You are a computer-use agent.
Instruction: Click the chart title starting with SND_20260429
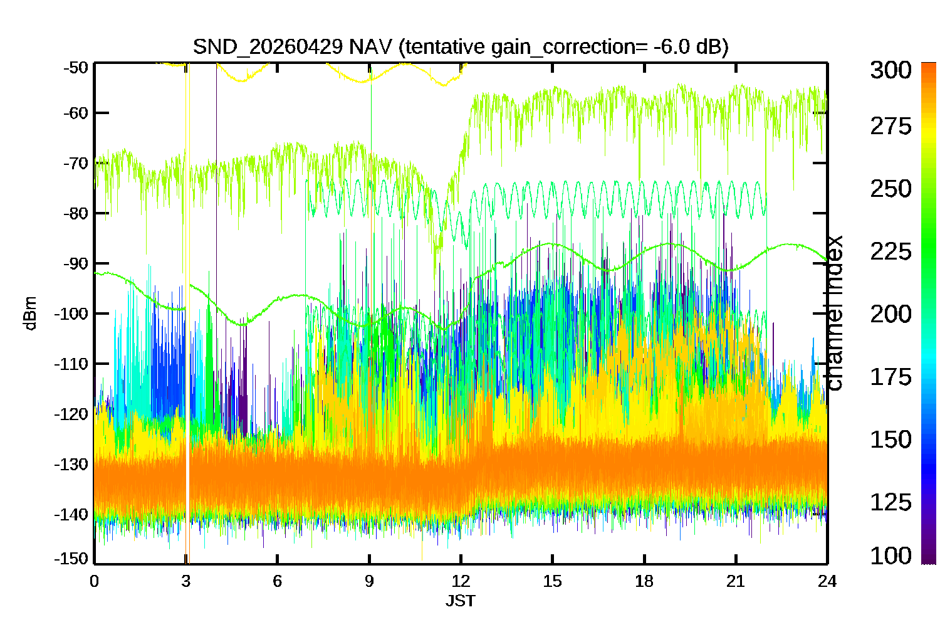(x=460, y=47)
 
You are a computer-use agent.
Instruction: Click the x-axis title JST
(x=460, y=601)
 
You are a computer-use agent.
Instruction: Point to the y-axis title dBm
(x=30, y=313)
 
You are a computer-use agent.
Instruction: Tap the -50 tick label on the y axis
(x=75, y=67)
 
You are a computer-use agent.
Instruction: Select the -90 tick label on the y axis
(x=75, y=263)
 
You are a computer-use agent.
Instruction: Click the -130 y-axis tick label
(x=72, y=465)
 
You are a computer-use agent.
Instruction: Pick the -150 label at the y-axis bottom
(x=72, y=558)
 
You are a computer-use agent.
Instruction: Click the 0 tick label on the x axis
(x=94, y=581)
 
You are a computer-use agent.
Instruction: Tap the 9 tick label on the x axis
(x=369, y=581)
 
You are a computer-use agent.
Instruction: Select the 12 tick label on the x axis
(x=461, y=581)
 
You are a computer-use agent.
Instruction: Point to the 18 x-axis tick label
(x=644, y=581)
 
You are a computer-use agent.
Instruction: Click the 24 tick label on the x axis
(x=827, y=581)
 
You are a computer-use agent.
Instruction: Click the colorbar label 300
(x=890, y=70)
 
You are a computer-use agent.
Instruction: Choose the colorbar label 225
(x=890, y=251)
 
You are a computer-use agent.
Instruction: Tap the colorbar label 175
(x=890, y=377)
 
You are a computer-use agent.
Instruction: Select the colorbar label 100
(x=890, y=556)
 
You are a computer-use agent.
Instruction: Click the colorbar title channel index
(x=834, y=313)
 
